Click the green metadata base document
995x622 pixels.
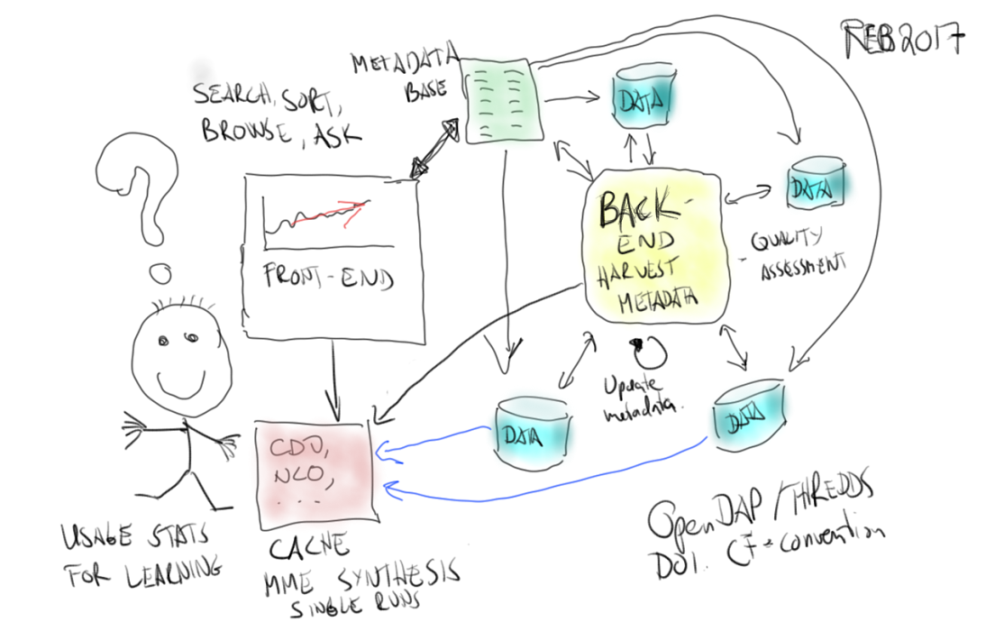tap(501, 100)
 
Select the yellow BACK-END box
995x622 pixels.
tap(653, 248)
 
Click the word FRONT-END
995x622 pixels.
tap(330, 278)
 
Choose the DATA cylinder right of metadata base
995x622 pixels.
tap(644, 99)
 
